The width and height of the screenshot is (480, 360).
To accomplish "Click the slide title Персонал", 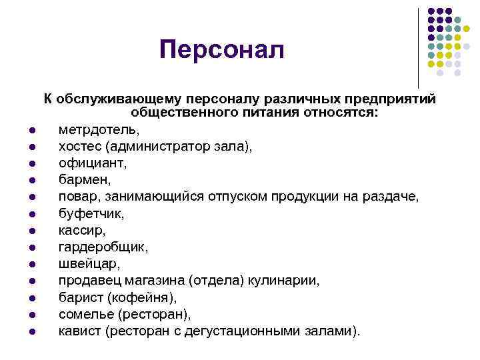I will (x=221, y=49).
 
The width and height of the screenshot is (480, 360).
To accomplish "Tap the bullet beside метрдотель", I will (x=33, y=129).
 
